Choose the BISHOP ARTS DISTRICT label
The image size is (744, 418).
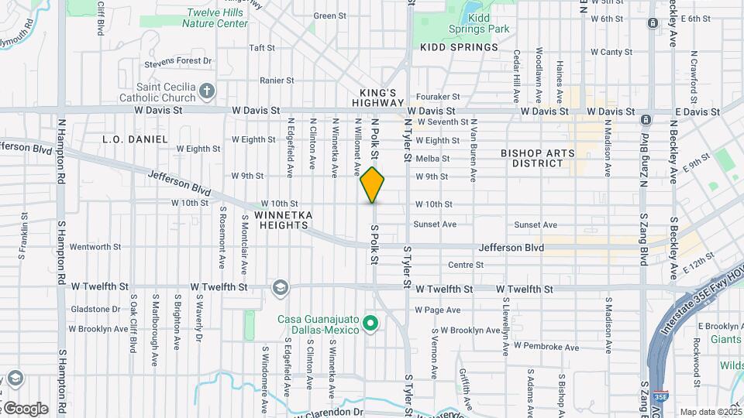[537, 159]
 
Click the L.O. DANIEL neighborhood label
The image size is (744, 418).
[135, 139]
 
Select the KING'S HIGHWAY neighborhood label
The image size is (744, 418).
[378, 97]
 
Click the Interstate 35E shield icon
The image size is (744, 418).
[660, 396]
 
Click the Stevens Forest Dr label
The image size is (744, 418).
[177, 61]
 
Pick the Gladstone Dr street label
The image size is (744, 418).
[95, 309]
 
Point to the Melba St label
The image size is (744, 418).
[432, 159]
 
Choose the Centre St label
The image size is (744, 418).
[465, 265]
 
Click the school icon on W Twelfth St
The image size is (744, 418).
[280, 288]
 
